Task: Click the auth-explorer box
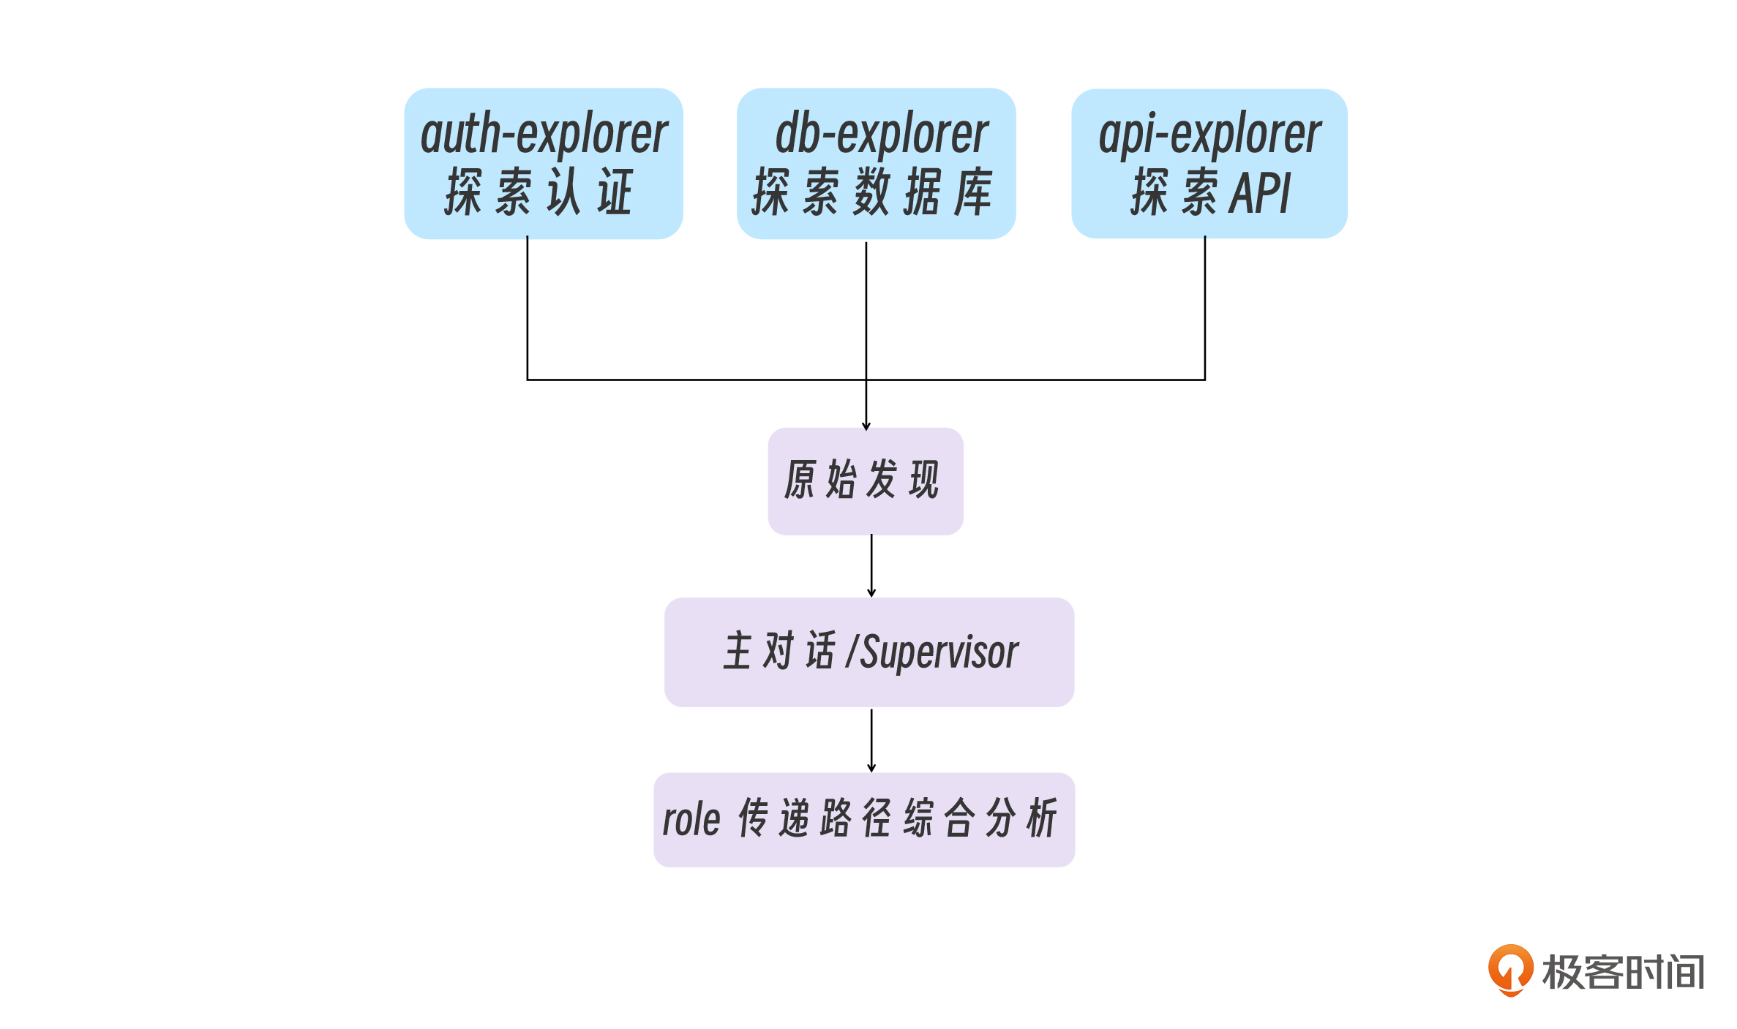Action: coord(543,163)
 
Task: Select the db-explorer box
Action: coord(876,163)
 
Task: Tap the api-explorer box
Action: coord(1209,163)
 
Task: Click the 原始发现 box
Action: coord(865,480)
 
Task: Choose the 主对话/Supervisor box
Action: coord(868,652)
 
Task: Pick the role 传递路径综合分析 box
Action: coord(863,819)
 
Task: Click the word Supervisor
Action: coord(939,652)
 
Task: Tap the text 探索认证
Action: coord(539,192)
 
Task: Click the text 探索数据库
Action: coord(872,192)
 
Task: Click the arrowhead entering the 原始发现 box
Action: coord(866,426)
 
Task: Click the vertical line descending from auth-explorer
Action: coord(528,307)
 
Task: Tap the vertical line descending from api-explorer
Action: coord(1205,307)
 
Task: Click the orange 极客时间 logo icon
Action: coord(1510,970)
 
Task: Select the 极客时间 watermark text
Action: coord(1623,972)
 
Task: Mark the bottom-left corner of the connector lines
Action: coord(528,380)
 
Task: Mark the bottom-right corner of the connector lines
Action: coord(1205,380)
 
